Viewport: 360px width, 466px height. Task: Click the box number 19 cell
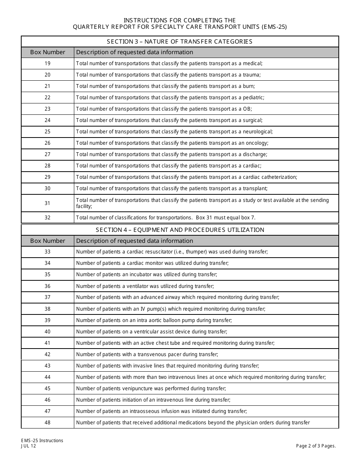pos(47,64)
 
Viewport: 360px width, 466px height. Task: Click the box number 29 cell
pos(47,177)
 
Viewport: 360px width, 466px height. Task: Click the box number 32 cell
pos(47,218)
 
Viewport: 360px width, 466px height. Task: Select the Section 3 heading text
pos(180,42)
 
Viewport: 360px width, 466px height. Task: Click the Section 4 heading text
pos(180,230)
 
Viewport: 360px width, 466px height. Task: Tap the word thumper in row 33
pos(210,252)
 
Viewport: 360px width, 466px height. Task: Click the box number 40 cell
pos(47,332)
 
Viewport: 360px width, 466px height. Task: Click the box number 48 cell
pos(47,423)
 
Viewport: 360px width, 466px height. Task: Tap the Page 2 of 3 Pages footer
pos(316,446)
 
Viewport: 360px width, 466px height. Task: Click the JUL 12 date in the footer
pos(29,446)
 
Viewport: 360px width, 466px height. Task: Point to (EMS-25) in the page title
pos(274,27)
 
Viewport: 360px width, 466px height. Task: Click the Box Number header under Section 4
pos(47,241)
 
